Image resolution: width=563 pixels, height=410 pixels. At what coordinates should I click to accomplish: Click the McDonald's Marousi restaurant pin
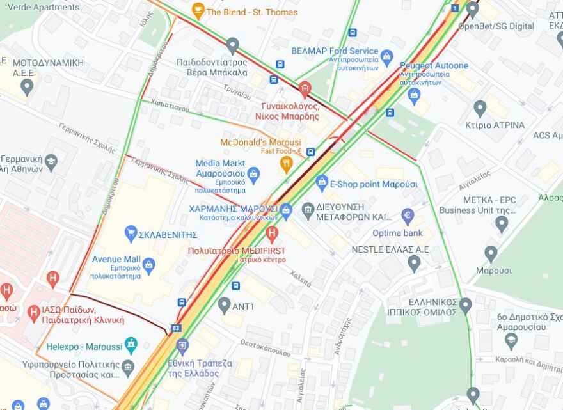pos(287,164)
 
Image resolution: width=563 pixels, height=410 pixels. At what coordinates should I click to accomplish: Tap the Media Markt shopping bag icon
pos(253,173)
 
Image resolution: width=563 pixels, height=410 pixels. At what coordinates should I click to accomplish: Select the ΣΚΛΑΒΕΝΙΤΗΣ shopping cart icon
pos(131,233)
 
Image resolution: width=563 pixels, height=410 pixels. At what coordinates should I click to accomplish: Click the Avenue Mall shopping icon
pos(149,264)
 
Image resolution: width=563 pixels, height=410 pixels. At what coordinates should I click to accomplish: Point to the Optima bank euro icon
pos(408,216)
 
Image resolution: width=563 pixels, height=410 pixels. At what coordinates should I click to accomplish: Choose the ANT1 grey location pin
pos(224,305)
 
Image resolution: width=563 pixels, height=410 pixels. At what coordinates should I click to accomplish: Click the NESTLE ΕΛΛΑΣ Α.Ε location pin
pos(414,262)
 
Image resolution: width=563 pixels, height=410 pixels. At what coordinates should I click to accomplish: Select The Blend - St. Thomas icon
pos(198,10)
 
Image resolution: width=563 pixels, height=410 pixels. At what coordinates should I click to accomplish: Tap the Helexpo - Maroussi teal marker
pos(131,345)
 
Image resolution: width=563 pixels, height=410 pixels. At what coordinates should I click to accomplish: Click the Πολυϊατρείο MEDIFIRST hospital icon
pos(272,233)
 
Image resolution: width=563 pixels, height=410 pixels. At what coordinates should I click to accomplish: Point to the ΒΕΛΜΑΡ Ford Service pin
pos(386,56)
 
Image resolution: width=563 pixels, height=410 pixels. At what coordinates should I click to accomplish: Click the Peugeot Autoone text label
pos(434,65)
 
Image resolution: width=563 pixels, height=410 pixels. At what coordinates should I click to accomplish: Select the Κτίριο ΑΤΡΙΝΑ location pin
pos(480,108)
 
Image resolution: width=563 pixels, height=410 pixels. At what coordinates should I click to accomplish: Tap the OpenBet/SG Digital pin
pos(472,9)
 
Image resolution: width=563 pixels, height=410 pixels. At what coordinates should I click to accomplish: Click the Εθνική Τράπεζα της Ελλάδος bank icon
pos(182,346)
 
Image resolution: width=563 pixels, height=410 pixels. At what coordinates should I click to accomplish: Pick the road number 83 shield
pos(176,328)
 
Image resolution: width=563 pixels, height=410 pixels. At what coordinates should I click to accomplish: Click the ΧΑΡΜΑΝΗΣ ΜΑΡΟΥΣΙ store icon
pos(286,209)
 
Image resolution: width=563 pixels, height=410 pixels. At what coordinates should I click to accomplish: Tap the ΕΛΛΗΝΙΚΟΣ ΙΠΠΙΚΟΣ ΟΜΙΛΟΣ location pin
pos(465,305)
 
